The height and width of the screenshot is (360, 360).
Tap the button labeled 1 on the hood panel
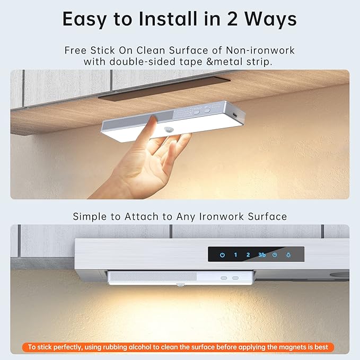[x=235, y=255]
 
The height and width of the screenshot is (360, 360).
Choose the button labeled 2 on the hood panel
[x=248, y=255]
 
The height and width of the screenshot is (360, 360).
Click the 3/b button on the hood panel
[x=261, y=255]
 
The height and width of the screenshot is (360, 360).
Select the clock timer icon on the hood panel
[x=275, y=255]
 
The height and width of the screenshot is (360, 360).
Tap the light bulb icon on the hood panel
[x=288, y=255]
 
